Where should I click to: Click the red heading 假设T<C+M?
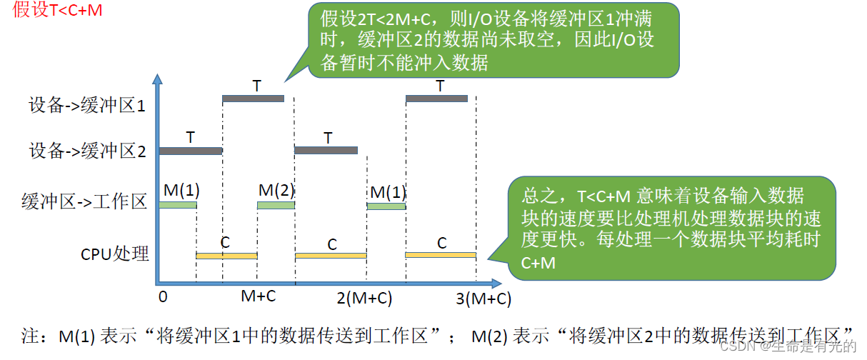[x=58, y=11]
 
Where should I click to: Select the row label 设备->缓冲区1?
[x=87, y=106]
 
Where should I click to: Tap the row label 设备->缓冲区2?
[x=87, y=151]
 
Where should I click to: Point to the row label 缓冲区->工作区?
[x=84, y=203]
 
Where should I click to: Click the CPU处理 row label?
[x=115, y=253]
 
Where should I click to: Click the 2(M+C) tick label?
[x=364, y=298]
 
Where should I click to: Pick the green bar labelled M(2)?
[x=276, y=206]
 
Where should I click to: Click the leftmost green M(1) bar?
[x=177, y=206]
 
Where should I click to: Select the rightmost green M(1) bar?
[x=386, y=206]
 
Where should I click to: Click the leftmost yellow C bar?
[x=226, y=256]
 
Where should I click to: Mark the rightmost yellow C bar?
[x=440, y=255]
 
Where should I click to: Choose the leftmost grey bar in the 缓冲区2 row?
[x=191, y=151]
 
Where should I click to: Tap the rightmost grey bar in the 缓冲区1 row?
[x=436, y=99]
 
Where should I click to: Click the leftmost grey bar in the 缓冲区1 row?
[x=253, y=99]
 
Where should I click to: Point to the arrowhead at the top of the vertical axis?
[x=159, y=78]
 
